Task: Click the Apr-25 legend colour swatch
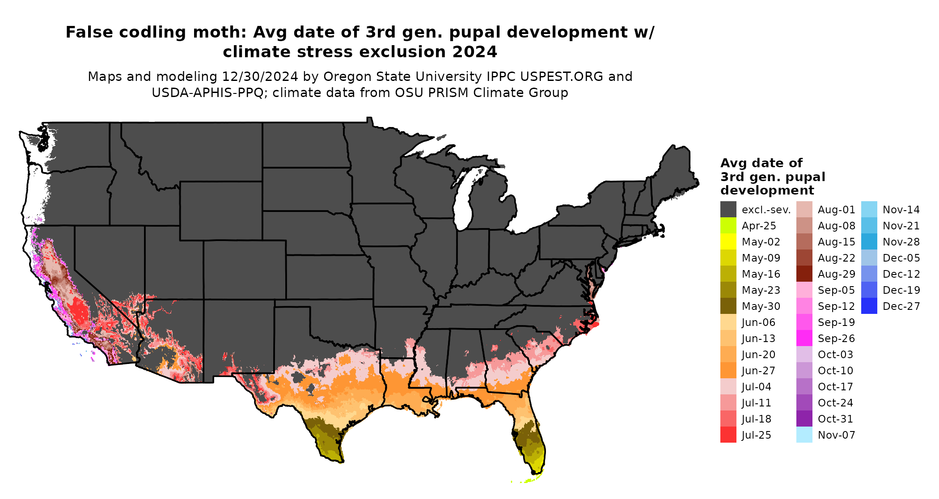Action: (x=728, y=226)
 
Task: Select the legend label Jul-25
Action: (x=756, y=435)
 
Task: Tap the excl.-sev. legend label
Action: (x=766, y=210)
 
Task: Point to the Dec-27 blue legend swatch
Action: (x=869, y=306)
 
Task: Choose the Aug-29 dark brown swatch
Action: (x=804, y=274)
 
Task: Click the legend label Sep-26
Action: (x=836, y=338)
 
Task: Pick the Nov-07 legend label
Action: (x=836, y=435)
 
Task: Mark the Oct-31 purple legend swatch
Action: (x=804, y=419)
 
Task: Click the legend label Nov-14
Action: (x=901, y=210)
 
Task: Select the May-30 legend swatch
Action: (x=728, y=306)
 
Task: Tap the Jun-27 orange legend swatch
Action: (x=728, y=371)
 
